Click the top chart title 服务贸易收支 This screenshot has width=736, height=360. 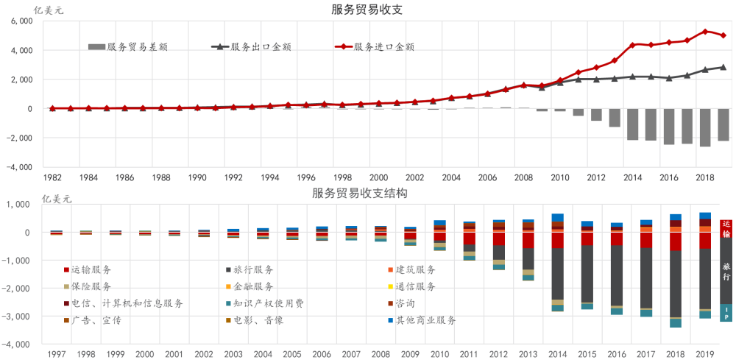(x=367, y=9)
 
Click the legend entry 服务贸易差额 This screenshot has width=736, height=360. (x=128, y=47)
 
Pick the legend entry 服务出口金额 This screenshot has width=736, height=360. (x=251, y=47)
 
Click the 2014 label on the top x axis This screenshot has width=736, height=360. (x=632, y=178)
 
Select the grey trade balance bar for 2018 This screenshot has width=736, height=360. (x=705, y=127)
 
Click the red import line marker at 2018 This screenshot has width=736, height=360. (x=705, y=32)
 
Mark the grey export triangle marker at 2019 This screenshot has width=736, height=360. (x=723, y=67)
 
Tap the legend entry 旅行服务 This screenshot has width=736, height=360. (x=250, y=270)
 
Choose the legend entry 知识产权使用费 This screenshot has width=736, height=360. (x=265, y=303)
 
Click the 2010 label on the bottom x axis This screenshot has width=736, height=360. (x=439, y=353)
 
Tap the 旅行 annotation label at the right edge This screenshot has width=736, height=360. (x=726, y=272)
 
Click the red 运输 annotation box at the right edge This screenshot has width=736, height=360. (x=726, y=228)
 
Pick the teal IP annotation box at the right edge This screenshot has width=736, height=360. (x=726, y=313)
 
